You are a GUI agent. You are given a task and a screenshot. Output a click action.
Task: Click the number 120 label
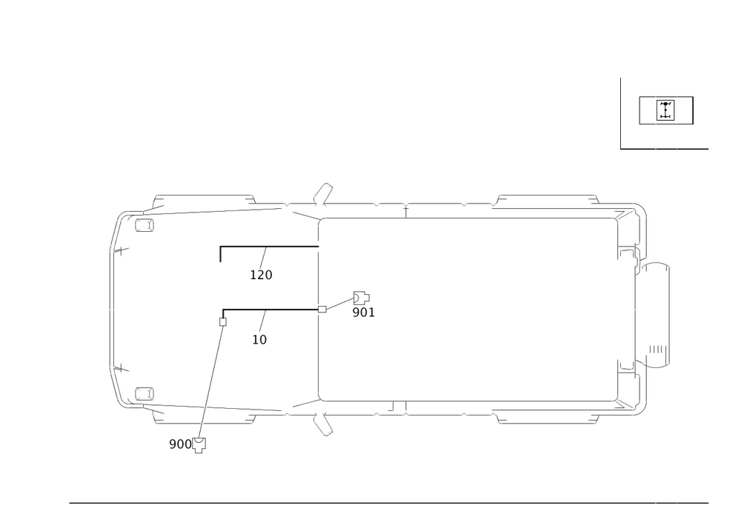262,275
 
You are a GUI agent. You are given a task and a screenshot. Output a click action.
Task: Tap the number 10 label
259,340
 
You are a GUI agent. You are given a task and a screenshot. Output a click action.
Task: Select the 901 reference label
364,313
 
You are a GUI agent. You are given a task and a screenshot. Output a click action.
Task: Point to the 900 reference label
179,444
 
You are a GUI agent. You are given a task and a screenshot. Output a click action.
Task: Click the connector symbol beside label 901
362,296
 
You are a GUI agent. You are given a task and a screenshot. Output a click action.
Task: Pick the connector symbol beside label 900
199,446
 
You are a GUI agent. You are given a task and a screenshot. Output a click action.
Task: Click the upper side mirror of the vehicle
322,195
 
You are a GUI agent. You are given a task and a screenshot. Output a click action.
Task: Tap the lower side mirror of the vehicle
322,424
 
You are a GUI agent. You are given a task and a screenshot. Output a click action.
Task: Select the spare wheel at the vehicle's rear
656,315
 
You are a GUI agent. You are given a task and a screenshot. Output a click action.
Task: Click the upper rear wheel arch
547,198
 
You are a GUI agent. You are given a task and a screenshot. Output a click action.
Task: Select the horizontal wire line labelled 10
270,310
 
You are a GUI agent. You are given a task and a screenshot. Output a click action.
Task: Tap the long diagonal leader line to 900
210,378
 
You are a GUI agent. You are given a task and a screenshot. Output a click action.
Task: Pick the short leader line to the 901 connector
339,304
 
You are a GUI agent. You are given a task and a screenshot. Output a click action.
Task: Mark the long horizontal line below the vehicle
370,502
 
